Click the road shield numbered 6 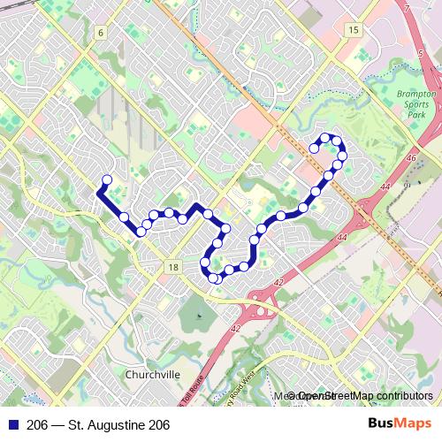click(102, 33)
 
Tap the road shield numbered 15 click(354, 30)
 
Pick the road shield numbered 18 click(172, 267)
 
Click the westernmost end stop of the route click(107, 180)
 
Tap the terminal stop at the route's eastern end click(314, 149)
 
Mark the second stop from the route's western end click(124, 217)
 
